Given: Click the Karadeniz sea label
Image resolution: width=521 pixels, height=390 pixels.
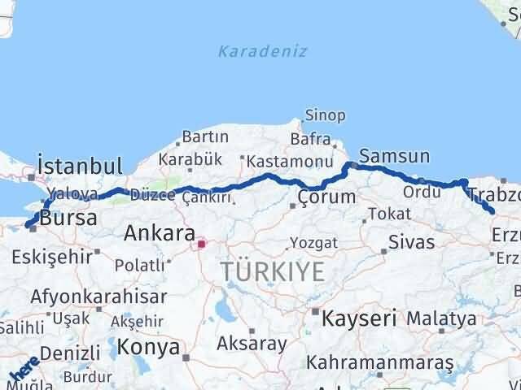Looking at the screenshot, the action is (x=262, y=51).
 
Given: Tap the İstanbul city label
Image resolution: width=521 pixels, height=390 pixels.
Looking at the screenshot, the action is (x=80, y=166).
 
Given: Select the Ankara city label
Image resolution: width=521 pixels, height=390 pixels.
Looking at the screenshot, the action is (x=159, y=234).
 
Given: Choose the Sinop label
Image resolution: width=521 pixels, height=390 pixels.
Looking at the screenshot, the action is (x=325, y=115).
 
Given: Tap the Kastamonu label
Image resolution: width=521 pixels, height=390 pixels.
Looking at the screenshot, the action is (x=278, y=161).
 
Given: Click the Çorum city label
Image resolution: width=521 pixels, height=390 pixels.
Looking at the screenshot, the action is (x=326, y=197).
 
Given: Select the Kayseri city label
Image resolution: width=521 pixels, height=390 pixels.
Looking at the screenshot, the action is (x=359, y=317).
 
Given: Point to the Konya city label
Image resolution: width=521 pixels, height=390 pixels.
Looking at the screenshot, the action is (x=148, y=348).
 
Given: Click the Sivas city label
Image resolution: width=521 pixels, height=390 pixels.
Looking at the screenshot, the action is (x=411, y=241).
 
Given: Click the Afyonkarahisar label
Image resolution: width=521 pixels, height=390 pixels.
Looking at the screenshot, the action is (x=99, y=297).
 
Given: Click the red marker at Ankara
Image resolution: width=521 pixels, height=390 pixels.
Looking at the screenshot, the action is (x=202, y=241).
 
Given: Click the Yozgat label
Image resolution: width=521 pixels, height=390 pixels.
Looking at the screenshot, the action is (x=313, y=242).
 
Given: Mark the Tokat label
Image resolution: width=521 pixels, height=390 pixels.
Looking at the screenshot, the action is (x=383, y=214).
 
